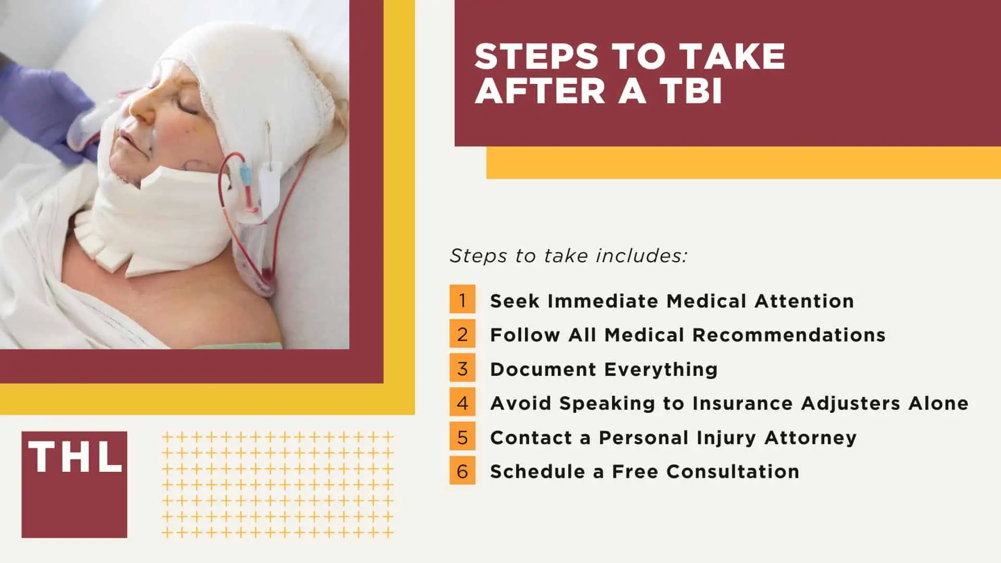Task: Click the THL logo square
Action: tap(74, 484)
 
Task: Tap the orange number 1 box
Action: tap(462, 300)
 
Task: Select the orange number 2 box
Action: tap(462, 334)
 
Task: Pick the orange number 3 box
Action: tap(462, 369)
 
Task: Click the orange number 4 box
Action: tap(462, 402)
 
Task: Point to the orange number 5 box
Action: tap(462, 437)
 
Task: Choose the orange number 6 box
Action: tap(462, 471)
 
